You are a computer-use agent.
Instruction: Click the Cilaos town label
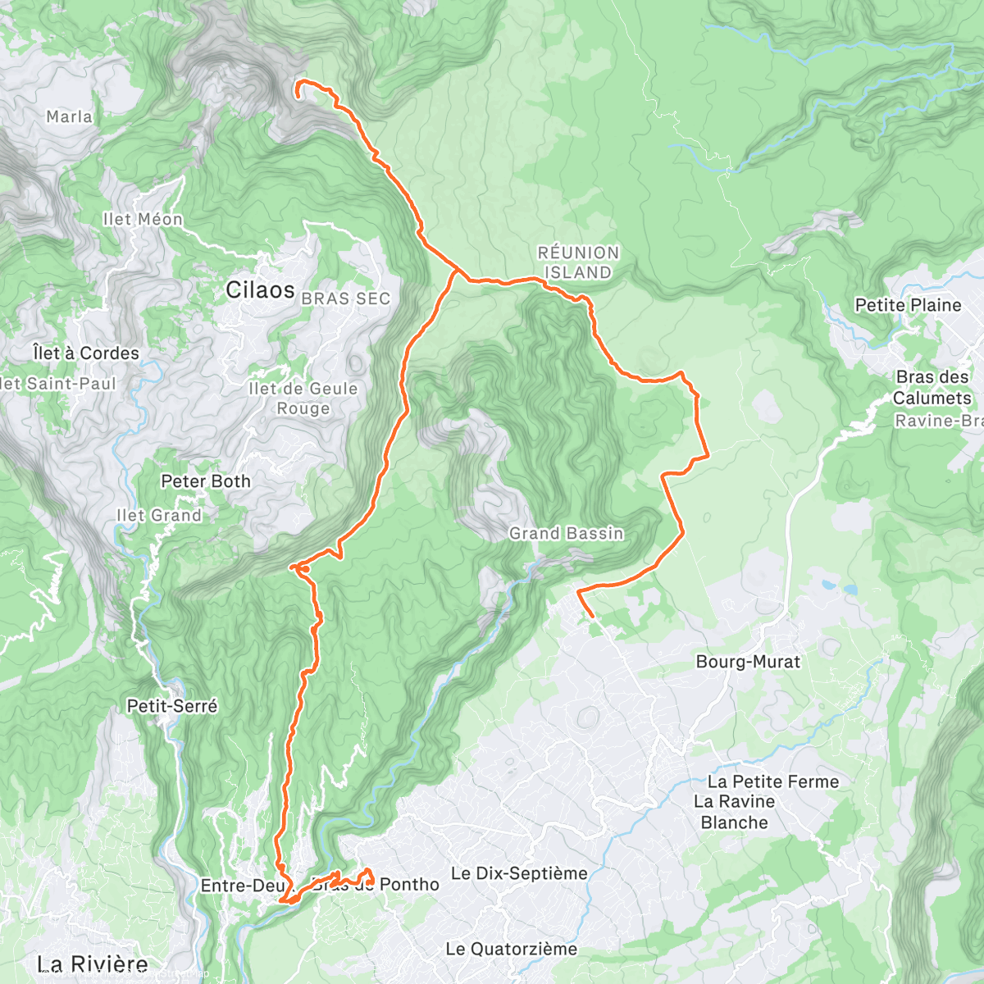point(260,290)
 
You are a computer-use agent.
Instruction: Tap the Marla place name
point(69,117)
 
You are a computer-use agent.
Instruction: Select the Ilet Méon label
point(143,220)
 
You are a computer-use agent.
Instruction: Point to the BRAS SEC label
point(345,299)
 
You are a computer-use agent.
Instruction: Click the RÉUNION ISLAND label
point(578,263)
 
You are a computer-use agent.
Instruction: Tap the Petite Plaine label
point(908,305)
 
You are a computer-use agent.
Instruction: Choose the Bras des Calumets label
point(933,388)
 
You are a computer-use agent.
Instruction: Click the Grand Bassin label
point(567,534)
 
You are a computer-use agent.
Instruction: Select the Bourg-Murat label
point(748,662)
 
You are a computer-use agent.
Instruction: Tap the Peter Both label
point(206,481)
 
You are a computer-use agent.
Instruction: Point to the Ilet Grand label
point(159,516)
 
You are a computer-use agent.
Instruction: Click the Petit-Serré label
point(172,706)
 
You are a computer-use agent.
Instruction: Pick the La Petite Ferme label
point(773,782)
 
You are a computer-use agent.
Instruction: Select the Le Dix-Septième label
point(519,874)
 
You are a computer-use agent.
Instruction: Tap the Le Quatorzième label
point(512,950)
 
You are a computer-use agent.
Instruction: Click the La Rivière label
point(93,964)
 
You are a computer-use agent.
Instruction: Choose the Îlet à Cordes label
point(86,353)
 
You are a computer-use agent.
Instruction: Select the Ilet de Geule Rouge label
point(303,399)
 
